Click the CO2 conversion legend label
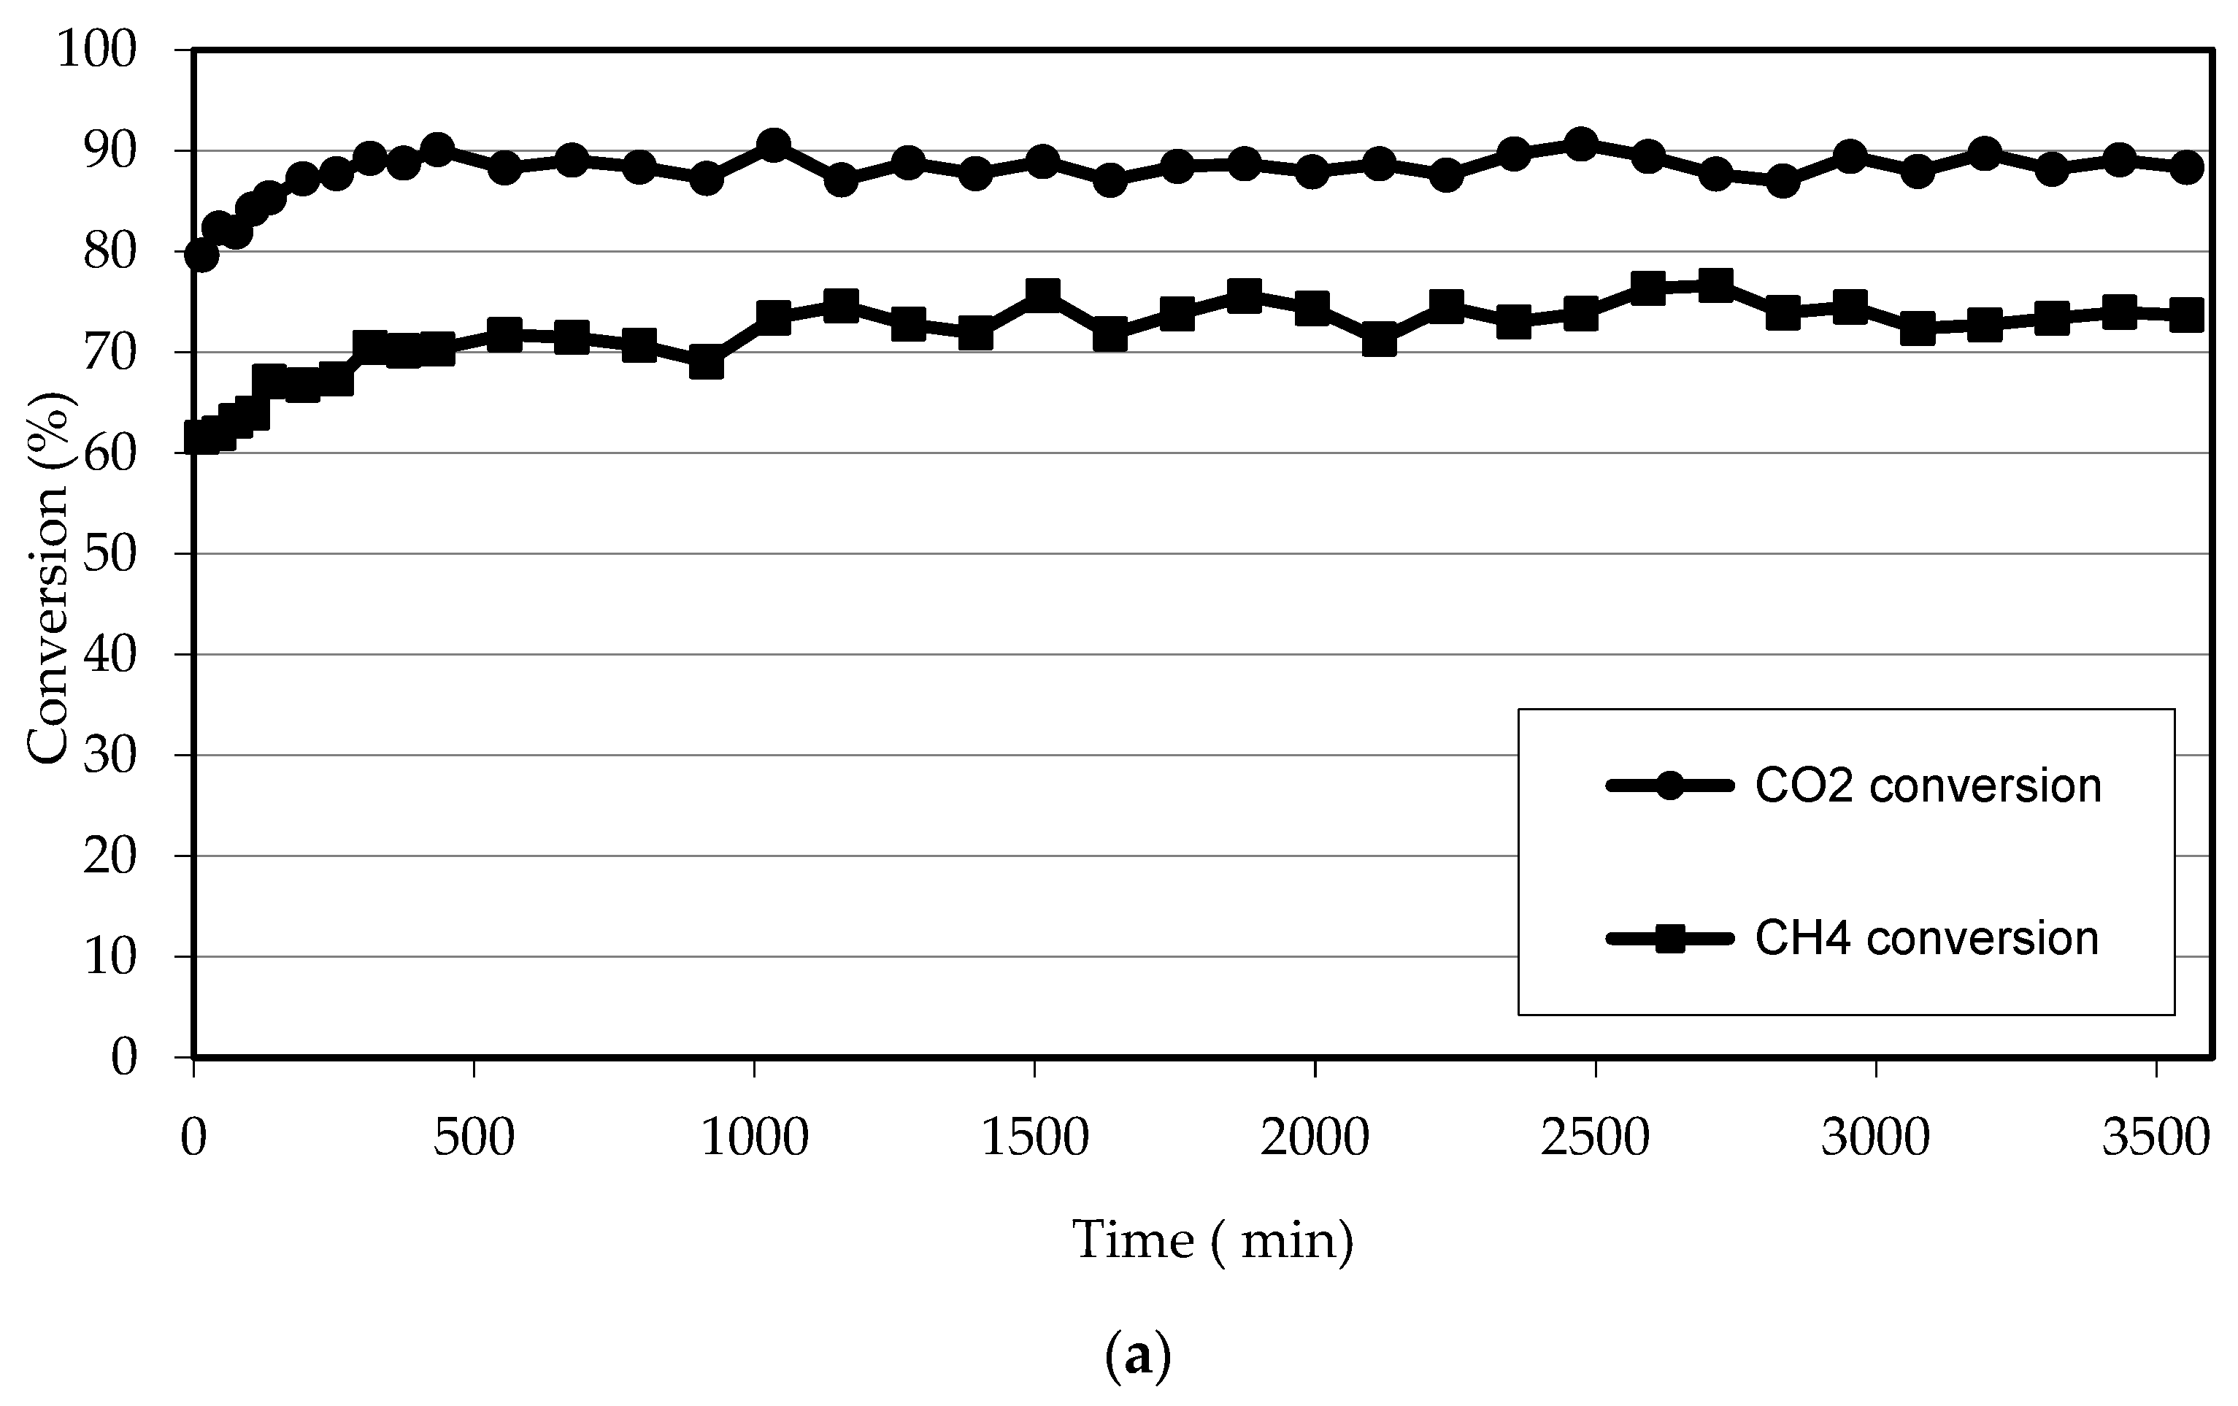click(1928, 786)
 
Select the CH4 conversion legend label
click(1926, 939)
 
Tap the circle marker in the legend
click(1670, 786)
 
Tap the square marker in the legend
click(1670, 939)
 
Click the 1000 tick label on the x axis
click(754, 1138)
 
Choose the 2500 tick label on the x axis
click(1595, 1138)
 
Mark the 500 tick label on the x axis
click(474, 1138)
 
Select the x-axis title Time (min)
click(1213, 1240)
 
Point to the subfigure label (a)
click(1137, 1358)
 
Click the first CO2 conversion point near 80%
click(201, 255)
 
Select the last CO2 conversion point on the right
click(2187, 167)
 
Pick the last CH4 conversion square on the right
click(2187, 315)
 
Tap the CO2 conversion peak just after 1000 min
click(772, 145)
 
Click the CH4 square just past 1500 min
click(1043, 296)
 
